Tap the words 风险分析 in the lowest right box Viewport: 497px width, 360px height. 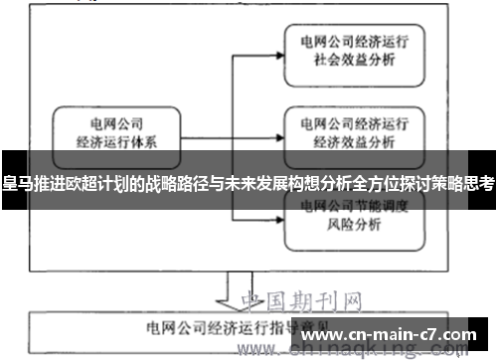[x=354, y=225]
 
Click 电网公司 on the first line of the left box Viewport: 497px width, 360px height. [x=116, y=125]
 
